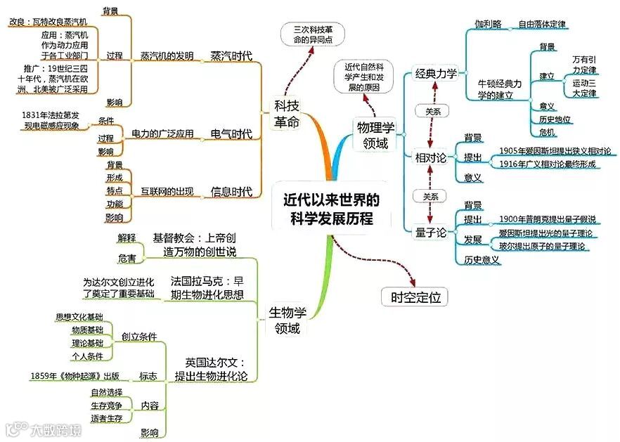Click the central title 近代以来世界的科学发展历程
(330, 209)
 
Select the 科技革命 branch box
(287, 114)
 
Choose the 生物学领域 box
(288, 320)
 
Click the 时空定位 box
(415, 297)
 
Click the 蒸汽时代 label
(231, 56)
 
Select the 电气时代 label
(231, 134)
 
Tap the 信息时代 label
(231, 191)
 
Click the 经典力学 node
(436, 73)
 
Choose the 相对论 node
(432, 158)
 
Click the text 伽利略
(487, 24)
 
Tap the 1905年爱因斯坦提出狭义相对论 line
(555, 150)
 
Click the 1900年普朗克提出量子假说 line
(548, 219)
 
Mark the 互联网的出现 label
(167, 191)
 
